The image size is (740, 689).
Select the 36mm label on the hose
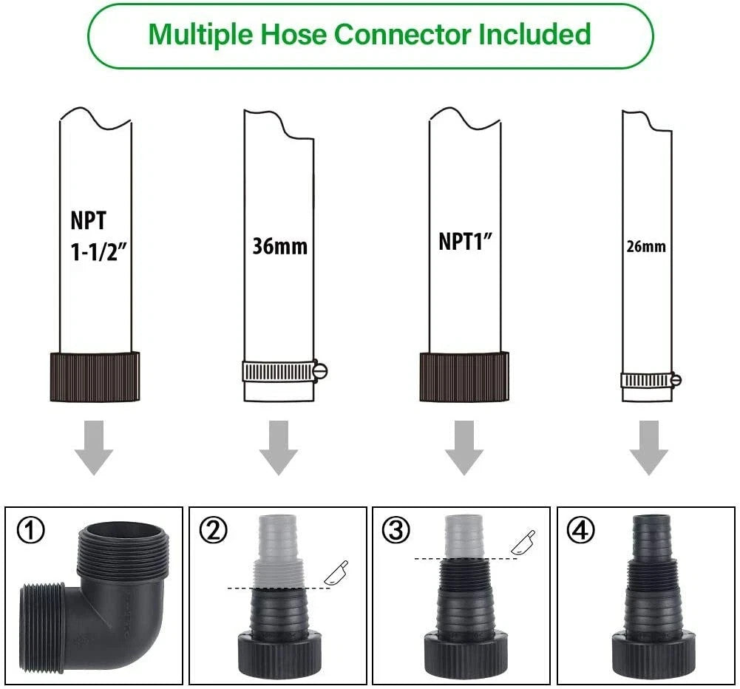280,246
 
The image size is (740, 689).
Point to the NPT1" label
465,242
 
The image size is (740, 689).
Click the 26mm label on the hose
646,246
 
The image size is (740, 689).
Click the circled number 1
31,529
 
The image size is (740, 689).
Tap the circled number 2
214,529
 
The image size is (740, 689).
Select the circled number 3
396,529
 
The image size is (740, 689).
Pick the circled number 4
580,529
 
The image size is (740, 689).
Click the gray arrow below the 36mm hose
279,447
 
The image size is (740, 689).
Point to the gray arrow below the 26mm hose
649,447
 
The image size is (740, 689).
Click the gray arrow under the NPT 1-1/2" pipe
94,447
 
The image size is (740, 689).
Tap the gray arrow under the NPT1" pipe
464,447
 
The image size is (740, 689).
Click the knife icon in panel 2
336,573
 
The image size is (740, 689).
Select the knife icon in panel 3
523,542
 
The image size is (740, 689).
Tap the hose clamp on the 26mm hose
651,380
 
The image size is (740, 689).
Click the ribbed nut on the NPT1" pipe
464,376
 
